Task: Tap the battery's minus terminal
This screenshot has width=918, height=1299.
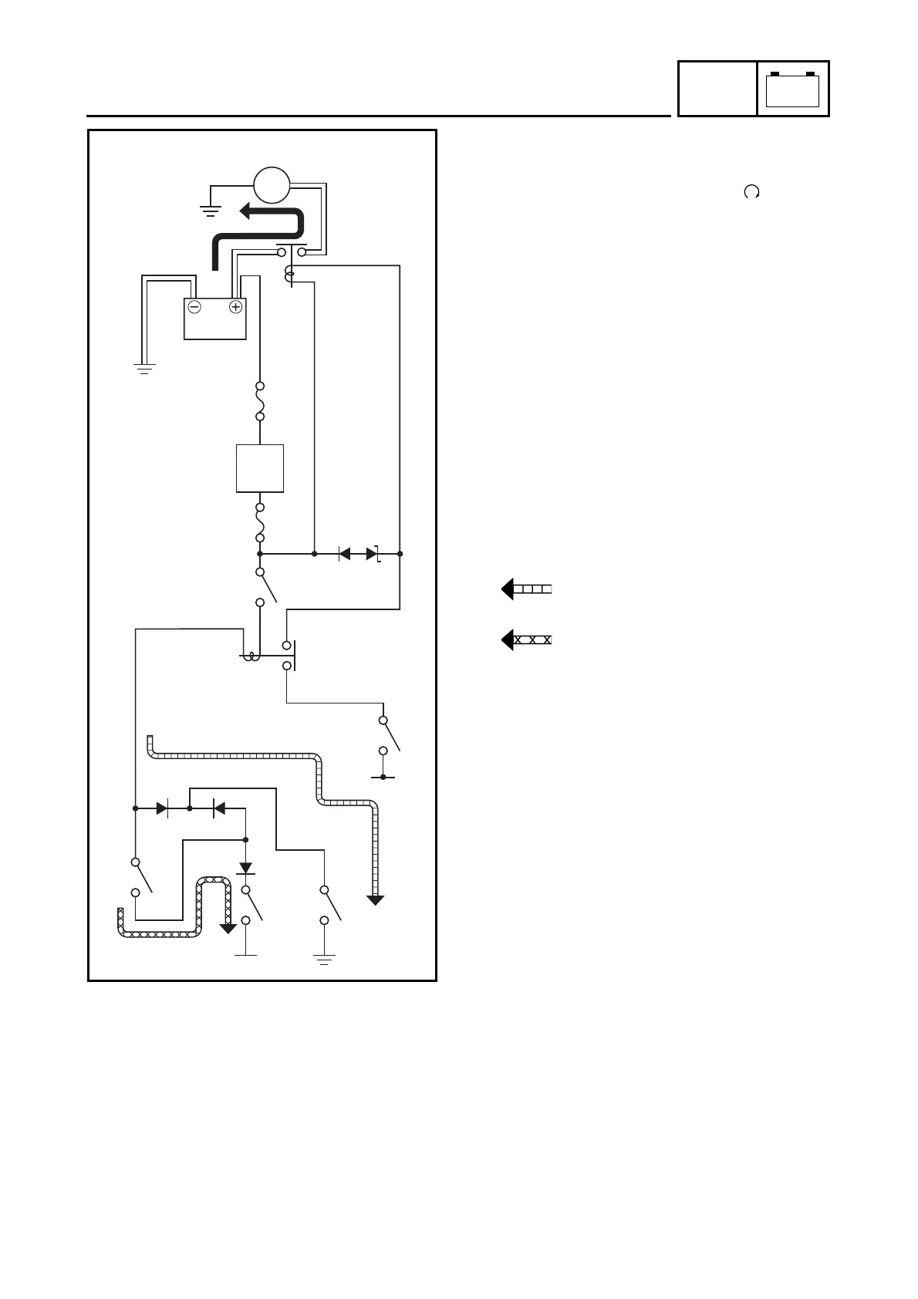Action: click(194, 307)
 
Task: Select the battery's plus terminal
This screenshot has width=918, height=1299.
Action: click(235, 307)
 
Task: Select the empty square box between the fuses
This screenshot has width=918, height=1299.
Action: click(259, 468)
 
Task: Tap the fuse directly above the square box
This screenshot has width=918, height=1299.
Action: click(261, 401)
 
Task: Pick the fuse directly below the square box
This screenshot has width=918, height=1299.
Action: click(261, 522)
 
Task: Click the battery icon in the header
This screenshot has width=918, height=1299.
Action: click(793, 89)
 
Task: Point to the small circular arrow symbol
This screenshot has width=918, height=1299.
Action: click(751, 193)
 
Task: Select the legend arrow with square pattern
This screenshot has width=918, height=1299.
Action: click(527, 590)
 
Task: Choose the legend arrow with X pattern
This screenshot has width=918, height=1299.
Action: click(527, 640)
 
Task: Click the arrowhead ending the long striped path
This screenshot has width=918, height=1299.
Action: click(376, 899)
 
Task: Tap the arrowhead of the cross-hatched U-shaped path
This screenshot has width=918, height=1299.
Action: click(228, 928)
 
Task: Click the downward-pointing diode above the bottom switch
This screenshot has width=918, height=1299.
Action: click(246, 867)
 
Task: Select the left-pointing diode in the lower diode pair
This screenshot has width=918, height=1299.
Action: click(218, 808)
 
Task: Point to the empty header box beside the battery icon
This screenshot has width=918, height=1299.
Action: click(717, 89)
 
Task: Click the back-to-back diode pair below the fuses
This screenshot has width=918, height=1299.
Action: click(359, 554)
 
